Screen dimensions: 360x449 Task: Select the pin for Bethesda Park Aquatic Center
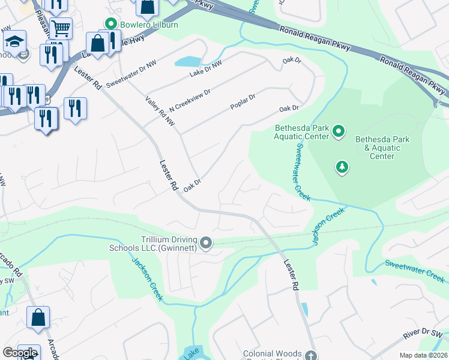point(339,131)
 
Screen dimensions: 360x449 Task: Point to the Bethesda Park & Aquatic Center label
point(382,148)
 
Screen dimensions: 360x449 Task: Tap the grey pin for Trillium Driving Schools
point(206,243)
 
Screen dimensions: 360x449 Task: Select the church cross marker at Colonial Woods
point(310,355)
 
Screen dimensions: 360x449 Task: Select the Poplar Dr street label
point(243,101)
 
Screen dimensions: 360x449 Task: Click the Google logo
point(20,353)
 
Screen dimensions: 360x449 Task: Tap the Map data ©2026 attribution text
point(423,355)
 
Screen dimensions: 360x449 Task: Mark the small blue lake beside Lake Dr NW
point(187,61)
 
